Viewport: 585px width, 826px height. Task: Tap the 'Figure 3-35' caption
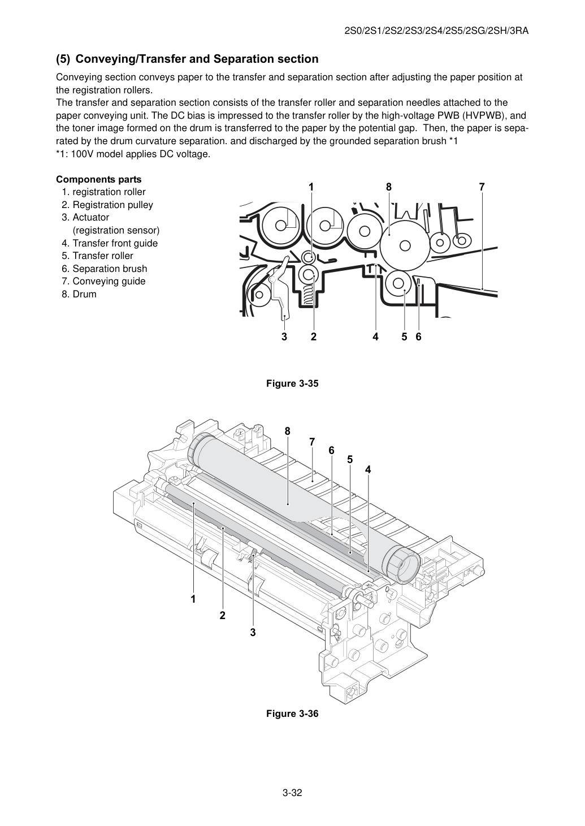(x=292, y=383)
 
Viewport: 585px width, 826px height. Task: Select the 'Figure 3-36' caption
(x=292, y=713)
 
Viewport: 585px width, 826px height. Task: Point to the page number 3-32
(x=292, y=791)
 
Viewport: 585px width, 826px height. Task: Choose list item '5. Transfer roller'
(x=97, y=256)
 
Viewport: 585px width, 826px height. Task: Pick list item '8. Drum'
(x=79, y=294)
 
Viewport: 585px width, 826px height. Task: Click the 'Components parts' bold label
(x=99, y=179)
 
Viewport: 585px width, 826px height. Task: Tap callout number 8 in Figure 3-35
(x=388, y=187)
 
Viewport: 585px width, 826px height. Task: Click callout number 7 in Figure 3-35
(x=482, y=187)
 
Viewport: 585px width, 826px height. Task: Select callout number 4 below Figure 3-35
(x=375, y=336)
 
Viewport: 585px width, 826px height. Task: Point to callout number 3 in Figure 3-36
(x=253, y=633)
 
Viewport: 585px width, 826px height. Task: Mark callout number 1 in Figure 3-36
(x=193, y=599)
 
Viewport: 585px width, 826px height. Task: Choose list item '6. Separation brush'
(x=105, y=269)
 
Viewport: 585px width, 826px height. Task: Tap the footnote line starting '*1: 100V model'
(x=133, y=154)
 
